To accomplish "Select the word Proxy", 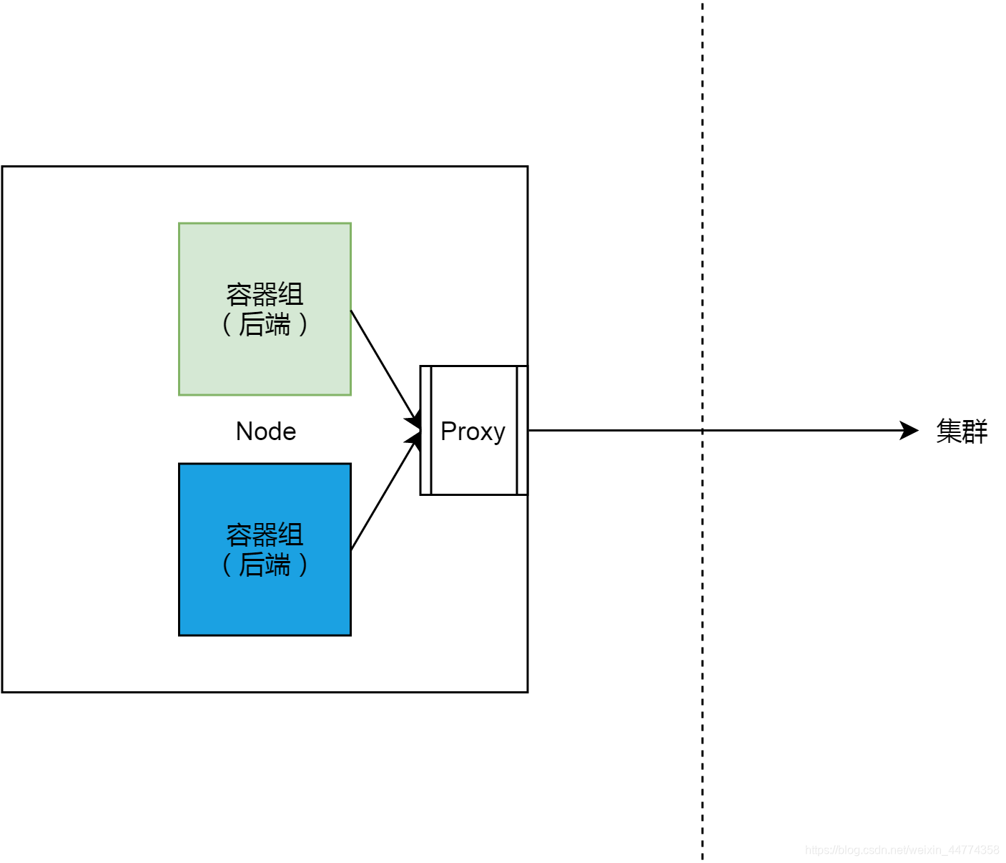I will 473,431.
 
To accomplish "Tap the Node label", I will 266,431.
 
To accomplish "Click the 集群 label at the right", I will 962,431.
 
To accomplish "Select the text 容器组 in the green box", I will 265,294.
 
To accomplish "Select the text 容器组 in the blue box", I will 265,535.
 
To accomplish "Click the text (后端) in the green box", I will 265,324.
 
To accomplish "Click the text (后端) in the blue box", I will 265,565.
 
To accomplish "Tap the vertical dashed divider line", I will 702,215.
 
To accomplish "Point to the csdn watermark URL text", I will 902,850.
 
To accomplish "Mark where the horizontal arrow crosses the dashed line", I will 702,430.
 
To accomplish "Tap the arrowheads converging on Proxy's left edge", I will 414,429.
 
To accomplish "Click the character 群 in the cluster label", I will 975,431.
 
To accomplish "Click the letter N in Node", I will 244,431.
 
